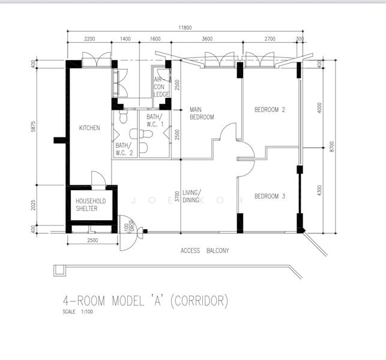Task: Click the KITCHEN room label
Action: click(x=89, y=128)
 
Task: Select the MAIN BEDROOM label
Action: click(x=202, y=113)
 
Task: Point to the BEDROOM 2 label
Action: click(x=270, y=110)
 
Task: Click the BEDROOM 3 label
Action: click(x=270, y=196)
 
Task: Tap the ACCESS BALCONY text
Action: click(x=205, y=250)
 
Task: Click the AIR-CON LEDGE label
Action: click(x=161, y=87)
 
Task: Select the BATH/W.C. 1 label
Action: click(x=155, y=120)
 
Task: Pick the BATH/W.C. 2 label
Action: click(x=124, y=149)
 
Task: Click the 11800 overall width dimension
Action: click(x=185, y=28)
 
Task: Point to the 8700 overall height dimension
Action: click(x=331, y=146)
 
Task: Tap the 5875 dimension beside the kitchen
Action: click(x=33, y=126)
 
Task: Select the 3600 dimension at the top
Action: click(x=207, y=38)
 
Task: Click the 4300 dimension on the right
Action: click(x=319, y=190)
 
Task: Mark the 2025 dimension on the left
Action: click(x=33, y=205)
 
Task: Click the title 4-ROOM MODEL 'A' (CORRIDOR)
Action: click(x=145, y=301)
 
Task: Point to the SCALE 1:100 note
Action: click(x=78, y=311)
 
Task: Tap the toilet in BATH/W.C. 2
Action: click(x=123, y=116)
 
